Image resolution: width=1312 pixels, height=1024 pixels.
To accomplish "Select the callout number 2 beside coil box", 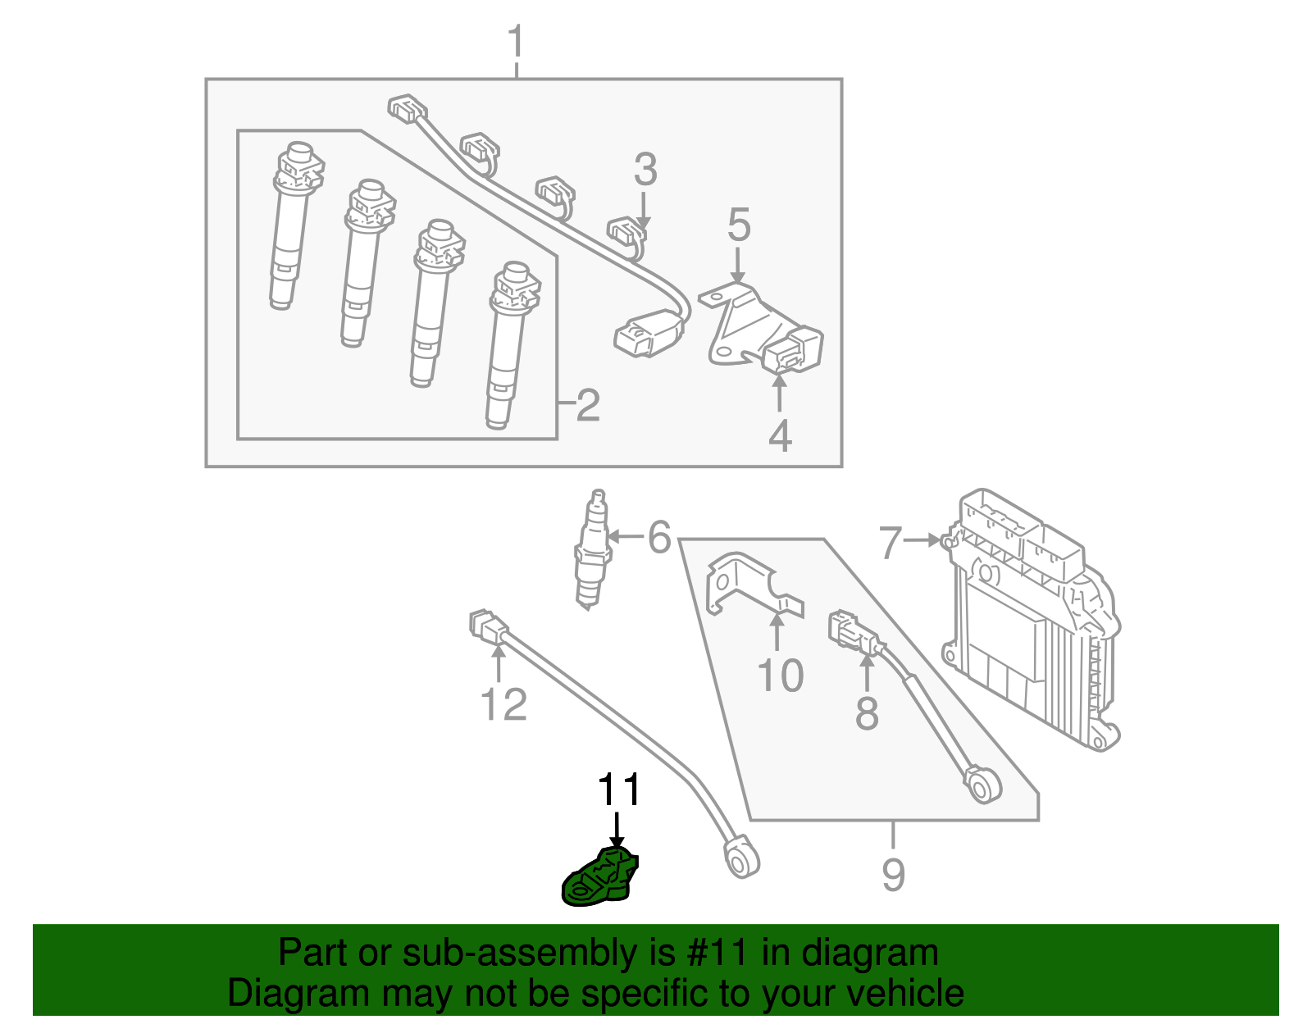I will tap(587, 405).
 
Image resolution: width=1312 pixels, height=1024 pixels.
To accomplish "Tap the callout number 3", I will tap(645, 170).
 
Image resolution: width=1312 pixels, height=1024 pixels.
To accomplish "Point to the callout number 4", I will tap(780, 435).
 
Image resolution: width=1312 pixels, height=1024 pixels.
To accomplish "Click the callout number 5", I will tap(739, 225).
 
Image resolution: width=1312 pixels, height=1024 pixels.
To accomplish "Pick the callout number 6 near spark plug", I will tap(659, 538).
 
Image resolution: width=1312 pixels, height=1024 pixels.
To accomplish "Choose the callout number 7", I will tap(891, 542).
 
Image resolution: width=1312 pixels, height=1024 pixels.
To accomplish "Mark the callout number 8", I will tap(867, 712).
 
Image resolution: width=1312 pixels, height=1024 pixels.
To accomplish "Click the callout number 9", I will tap(893, 874).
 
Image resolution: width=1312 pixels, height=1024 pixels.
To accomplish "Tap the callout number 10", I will tap(780, 676).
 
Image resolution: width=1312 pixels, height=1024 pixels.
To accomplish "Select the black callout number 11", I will tap(618, 790).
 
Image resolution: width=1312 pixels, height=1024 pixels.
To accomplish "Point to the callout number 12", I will tap(503, 704).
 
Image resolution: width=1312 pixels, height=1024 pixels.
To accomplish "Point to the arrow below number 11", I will tap(617, 829).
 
